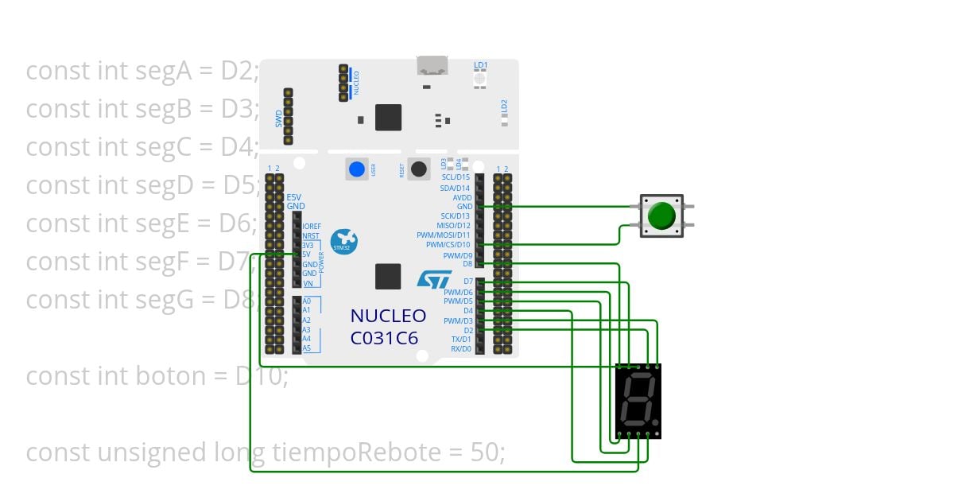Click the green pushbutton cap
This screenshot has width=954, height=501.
point(661,216)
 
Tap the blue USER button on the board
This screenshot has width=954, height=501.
point(357,169)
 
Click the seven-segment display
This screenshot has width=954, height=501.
point(638,400)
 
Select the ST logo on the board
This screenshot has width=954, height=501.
point(434,278)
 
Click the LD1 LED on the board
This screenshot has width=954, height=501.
point(480,78)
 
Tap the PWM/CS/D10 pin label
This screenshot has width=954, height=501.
point(448,245)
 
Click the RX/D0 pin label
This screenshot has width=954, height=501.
point(461,349)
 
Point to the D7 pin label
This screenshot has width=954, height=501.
point(467,282)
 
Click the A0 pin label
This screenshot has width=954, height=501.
point(306,301)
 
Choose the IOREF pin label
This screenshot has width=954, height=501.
point(312,227)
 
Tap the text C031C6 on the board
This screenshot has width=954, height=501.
point(385,338)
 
